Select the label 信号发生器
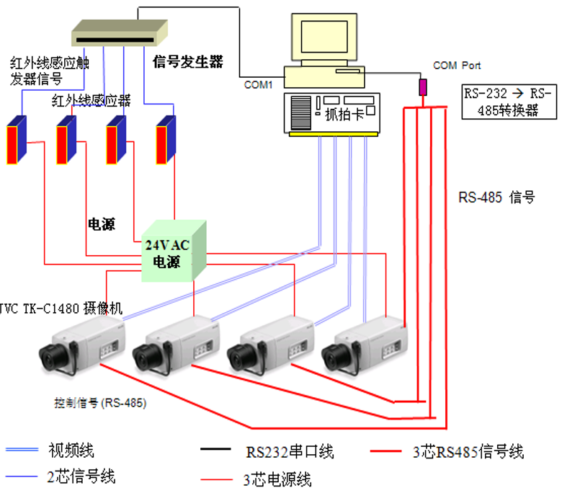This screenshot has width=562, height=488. (x=189, y=62)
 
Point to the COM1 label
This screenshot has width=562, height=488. (x=258, y=85)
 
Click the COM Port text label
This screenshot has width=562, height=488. (x=457, y=66)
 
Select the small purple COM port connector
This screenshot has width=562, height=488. (x=423, y=86)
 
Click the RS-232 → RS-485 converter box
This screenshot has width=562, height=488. (x=509, y=102)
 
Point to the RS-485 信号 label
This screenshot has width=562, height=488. (x=496, y=197)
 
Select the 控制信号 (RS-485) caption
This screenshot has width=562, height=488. (x=100, y=403)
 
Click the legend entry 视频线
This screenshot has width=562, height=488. (x=71, y=451)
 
